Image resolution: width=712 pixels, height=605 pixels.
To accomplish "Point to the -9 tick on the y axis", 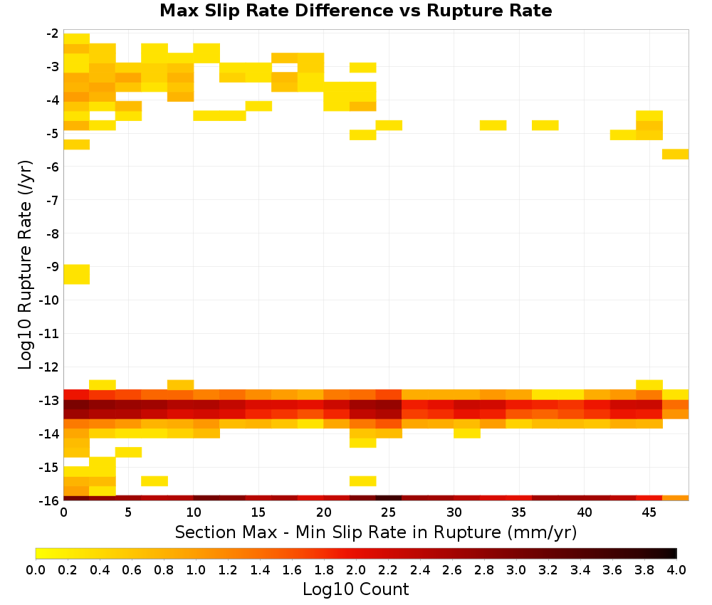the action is [x=53, y=266].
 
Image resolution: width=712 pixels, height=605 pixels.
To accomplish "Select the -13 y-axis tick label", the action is [x=50, y=400].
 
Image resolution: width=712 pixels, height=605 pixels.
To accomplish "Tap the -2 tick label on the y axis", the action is [x=53, y=33].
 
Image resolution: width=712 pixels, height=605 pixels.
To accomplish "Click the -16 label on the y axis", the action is [x=50, y=500].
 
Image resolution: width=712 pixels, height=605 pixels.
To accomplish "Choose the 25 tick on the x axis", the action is [x=388, y=512].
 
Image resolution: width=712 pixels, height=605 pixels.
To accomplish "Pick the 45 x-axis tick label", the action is [x=649, y=512].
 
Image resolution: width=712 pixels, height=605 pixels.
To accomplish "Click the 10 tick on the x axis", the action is [x=194, y=512].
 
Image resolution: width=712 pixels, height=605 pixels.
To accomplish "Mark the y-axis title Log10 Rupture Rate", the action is [x=25, y=265].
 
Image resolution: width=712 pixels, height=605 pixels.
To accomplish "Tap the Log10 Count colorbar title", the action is [x=355, y=589].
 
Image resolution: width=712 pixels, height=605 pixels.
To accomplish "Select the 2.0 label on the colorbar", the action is [x=356, y=569].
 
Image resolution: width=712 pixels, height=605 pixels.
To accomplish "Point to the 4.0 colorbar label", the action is [x=676, y=569].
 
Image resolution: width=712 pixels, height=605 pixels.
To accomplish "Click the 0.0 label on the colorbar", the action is [x=36, y=569].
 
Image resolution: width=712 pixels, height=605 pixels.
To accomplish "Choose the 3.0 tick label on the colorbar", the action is [x=516, y=569].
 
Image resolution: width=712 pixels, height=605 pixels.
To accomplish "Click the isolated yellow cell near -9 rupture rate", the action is [x=77, y=274].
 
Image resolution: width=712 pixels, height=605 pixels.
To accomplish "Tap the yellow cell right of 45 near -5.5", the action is [x=675, y=154].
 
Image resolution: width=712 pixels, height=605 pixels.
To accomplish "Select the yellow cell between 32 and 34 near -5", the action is [x=493, y=125].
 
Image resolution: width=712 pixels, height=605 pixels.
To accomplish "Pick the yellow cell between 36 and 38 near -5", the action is [x=545, y=125].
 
